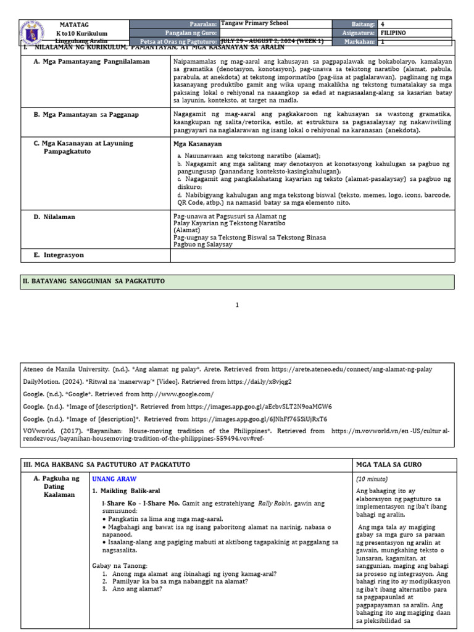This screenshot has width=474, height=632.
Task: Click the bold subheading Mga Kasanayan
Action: pos(196,143)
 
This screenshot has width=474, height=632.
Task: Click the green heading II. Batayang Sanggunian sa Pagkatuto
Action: pos(94,281)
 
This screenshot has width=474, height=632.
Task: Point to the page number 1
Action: pos(236,305)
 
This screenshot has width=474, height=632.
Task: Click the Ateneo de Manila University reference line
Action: pos(227,369)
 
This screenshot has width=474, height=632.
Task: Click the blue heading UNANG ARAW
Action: pos(114,479)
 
